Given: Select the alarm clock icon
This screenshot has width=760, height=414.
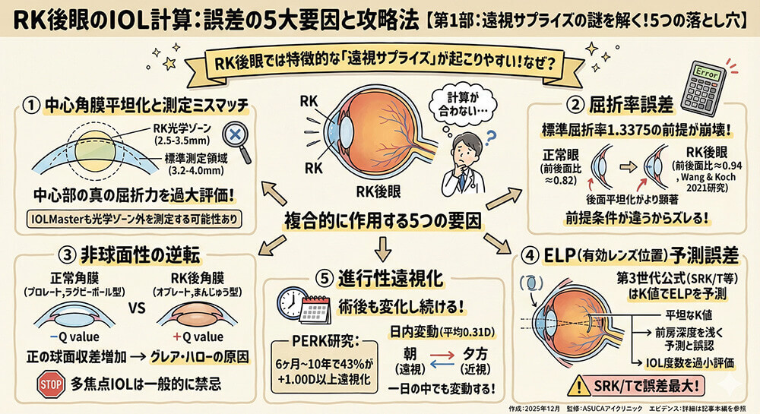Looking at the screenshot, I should [291, 302].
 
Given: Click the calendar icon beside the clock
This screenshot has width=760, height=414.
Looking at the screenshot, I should [314, 310].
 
